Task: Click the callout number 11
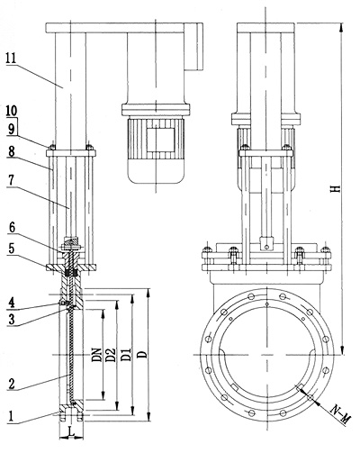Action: tap(12, 59)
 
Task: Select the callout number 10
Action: tap(12, 111)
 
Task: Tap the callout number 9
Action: tap(12, 129)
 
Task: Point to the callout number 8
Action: tap(12, 152)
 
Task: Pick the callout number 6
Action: tap(12, 228)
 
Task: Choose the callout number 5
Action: tap(12, 249)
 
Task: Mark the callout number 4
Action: tap(12, 303)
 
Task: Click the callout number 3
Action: tap(12, 319)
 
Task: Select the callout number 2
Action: tap(12, 384)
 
